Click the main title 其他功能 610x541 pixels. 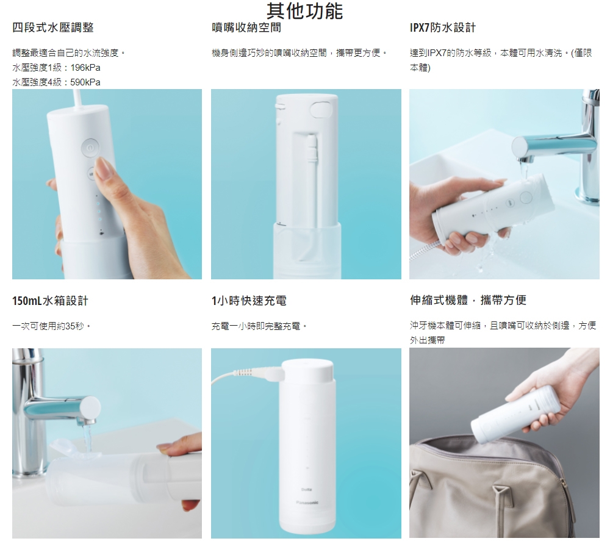coord(304,10)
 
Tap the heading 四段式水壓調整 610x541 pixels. coord(53,27)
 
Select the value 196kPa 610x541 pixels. coord(85,68)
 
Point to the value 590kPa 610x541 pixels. coord(85,82)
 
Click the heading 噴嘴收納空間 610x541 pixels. coord(246,27)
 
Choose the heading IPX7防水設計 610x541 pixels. coord(443,27)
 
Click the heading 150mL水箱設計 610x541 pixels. coord(50,301)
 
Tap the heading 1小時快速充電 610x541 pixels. coord(249,301)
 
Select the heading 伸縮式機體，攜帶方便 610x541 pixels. coord(468,300)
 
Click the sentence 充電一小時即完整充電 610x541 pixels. coord(259,326)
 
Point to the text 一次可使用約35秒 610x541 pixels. coord(52,326)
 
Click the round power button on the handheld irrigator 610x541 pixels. coord(90,148)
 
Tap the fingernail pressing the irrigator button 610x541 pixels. coord(104,168)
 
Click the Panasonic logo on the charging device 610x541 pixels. coord(307,503)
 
